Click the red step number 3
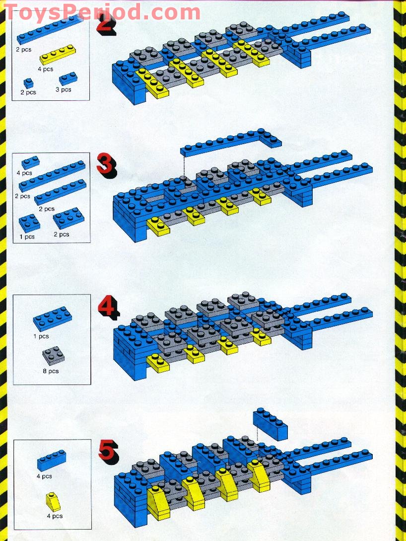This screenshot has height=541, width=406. click(x=106, y=166)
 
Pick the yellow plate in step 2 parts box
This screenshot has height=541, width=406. click(x=58, y=54)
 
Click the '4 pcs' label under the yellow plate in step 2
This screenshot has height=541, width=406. click(x=45, y=69)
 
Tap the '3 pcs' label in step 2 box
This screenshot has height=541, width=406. click(x=63, y=89)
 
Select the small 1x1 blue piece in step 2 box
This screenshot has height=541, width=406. click(x=29, y=83)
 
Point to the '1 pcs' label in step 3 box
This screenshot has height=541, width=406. click(x=27, y=237)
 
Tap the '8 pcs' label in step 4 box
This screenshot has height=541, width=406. click(x=51, y=371)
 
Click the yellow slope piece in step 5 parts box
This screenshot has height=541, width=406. click(x=53, y=502)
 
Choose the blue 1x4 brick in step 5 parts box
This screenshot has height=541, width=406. click(x=51, y=460)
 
